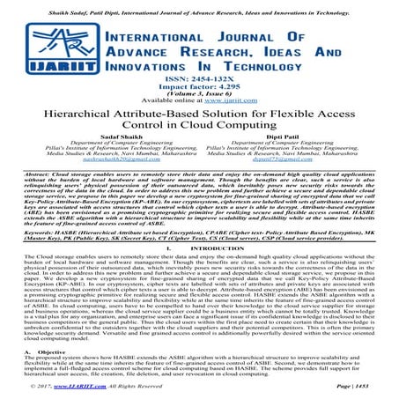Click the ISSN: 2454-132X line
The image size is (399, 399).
coord(199,80)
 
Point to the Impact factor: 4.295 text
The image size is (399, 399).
coord(199,88)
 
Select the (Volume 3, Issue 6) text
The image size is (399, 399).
coord(199,96)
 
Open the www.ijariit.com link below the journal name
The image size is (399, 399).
coord(226,104)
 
